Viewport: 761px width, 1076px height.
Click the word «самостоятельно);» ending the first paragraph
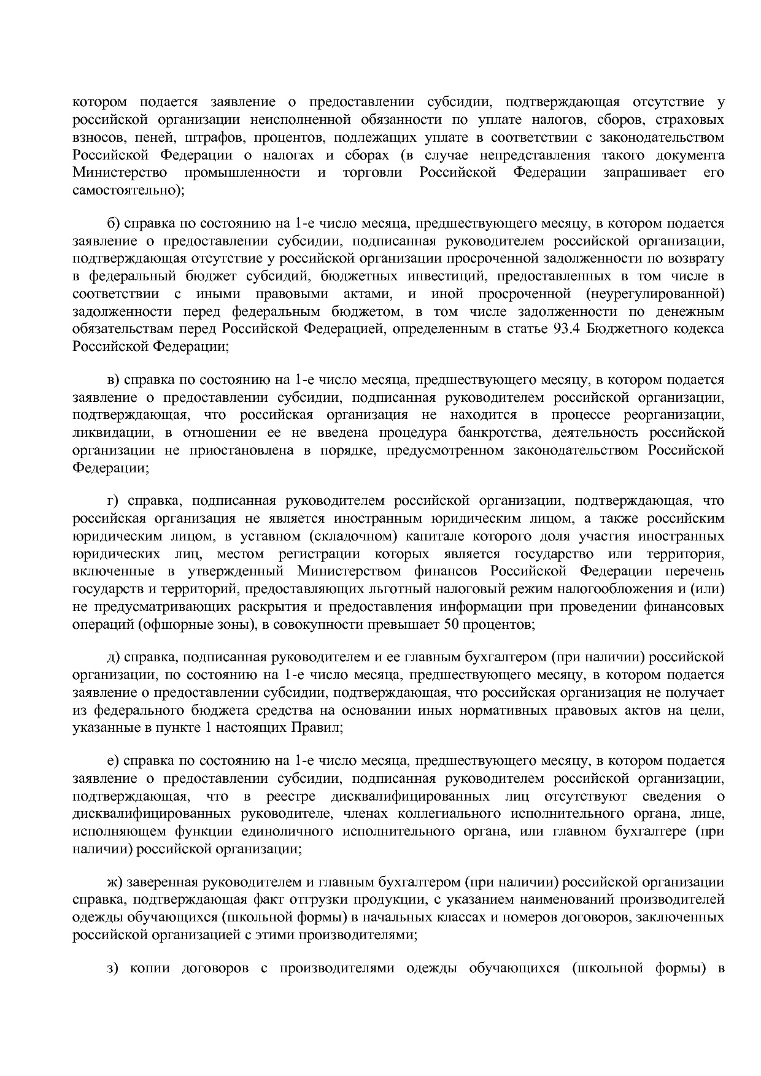coord(128,190)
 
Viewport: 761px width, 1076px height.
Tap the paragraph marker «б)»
coord(114,224)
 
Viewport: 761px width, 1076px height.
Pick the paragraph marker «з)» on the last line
coord(112,969)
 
